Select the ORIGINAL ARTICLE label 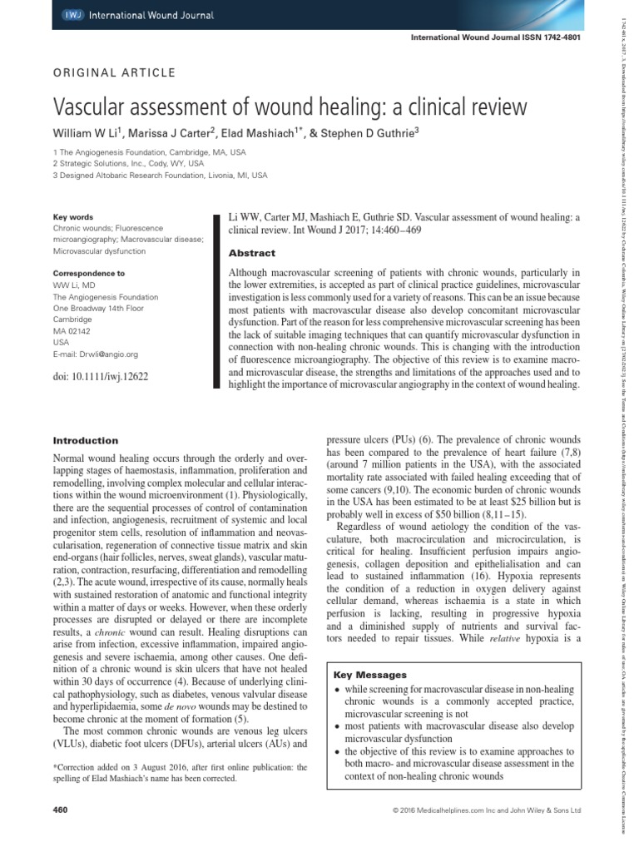114,72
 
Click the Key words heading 71,216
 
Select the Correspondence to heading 89,272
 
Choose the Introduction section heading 85,440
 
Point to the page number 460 59,809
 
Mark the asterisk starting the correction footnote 54,766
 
